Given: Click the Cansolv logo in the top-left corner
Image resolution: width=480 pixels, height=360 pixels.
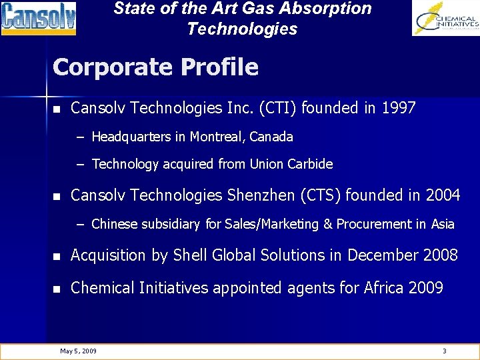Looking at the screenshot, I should [x=39, y=18].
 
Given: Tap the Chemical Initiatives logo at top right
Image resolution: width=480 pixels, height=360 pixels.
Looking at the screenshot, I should [x=445, y=18].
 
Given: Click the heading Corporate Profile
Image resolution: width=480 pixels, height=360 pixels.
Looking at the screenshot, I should [x=155, y=67].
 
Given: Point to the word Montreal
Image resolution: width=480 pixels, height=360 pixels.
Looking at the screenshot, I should [x=218, y=137].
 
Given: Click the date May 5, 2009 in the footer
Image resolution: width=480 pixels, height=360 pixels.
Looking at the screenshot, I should [x=78, y=351].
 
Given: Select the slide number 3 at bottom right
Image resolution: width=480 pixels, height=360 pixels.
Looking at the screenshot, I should [x=445, y=351].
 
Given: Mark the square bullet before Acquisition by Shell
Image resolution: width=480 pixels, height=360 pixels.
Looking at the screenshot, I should [x=57, y=256].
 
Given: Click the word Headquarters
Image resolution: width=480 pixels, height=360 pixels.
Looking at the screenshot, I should [x=131, y=137].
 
